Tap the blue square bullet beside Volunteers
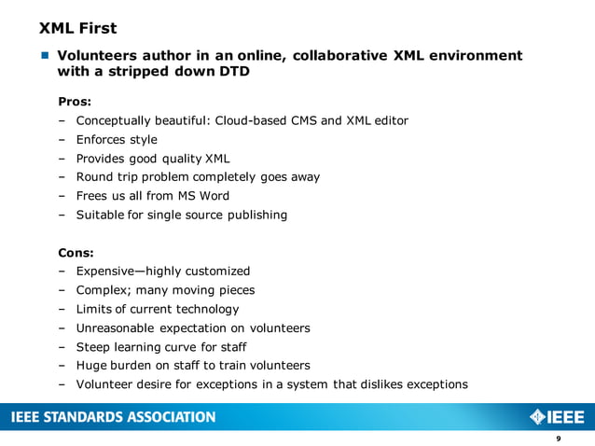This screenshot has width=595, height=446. (x=44, y=56)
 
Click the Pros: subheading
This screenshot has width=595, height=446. (x=75, y=101)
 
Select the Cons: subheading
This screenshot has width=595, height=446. (x=76, y=252)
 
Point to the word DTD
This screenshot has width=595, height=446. (x=233, y=71)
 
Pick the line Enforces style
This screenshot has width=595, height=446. (x=117, y=139)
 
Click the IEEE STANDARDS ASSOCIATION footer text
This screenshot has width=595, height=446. (x=113, y=417)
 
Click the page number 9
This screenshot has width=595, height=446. (x=558, y=439)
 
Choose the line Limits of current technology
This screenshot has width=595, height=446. (x=157, y=309)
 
